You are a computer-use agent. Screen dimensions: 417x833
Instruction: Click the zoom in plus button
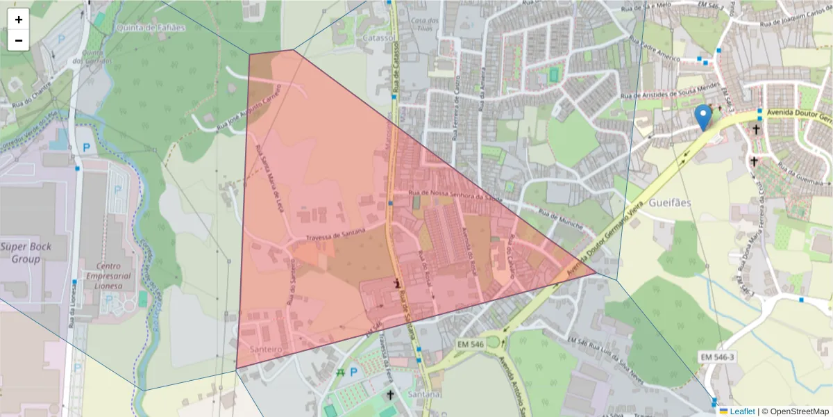[x=19, y=19]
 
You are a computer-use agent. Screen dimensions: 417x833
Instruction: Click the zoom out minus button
[x=19, y=40]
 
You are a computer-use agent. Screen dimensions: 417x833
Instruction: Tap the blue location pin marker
[x=704, y=117]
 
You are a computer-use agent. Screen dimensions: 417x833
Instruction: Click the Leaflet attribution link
[x=741, y=411]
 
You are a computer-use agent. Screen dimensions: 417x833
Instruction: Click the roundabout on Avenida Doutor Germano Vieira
[x=494, y=342]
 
